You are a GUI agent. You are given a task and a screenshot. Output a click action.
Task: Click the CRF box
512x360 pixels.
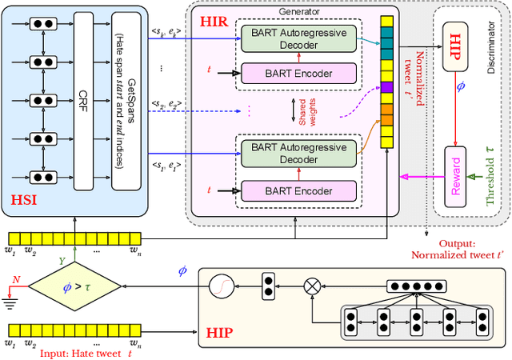click(x=83, y=101)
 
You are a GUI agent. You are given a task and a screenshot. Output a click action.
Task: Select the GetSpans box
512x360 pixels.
click(x=122, y=101)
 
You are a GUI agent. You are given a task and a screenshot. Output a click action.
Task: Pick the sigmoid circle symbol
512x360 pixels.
click(x=219, y=285)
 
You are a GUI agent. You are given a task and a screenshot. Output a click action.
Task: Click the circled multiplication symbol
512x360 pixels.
click(x=311, y=285)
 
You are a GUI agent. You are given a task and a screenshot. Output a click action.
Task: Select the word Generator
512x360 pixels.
click(x=300, y=12)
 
